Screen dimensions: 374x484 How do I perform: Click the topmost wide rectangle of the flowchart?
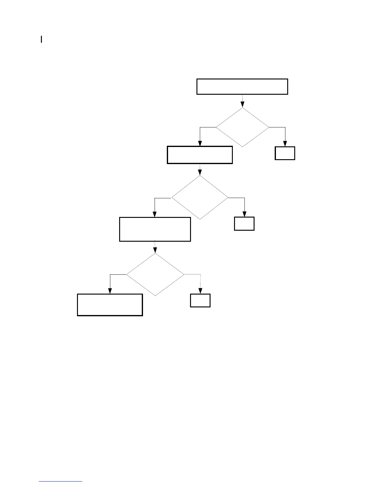[242, 86]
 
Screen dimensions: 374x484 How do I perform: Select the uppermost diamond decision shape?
[242, 127]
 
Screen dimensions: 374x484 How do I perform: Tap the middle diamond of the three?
[200, 197]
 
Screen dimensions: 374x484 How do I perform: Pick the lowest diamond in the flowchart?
[155, 274]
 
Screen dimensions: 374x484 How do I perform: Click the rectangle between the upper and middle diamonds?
[200, 155]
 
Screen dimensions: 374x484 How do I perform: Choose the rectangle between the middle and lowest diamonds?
[155, 229]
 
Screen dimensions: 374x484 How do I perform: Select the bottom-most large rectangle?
[110, 305]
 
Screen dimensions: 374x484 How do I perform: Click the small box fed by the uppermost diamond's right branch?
[285, 153]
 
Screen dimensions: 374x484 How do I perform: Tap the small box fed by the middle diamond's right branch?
[244, 223]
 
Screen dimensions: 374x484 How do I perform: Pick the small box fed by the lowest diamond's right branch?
[200, 300]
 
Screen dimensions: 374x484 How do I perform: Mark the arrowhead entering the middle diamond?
[200, 172]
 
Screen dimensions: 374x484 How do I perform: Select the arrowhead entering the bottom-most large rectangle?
[110, 291]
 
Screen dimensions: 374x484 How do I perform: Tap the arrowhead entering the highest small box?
[285, 144]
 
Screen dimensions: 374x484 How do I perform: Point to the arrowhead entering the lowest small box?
[200, 291]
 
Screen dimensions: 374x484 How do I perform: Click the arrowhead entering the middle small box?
[244, 214]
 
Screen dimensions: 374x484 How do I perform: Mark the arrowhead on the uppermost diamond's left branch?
[200, 143]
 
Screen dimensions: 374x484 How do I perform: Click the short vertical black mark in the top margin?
[41, 39]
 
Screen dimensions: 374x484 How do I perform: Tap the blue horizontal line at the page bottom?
[61, 482]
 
